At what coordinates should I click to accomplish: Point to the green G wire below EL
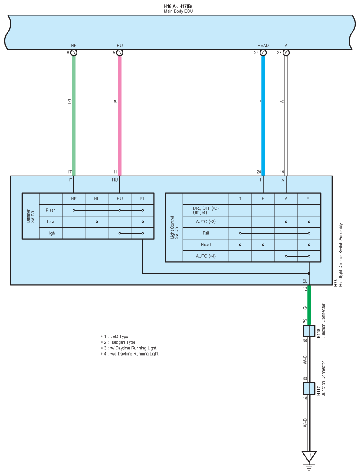pos(309,305)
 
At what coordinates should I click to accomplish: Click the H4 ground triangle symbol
pos(309,456)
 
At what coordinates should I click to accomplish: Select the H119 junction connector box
pos(309,331)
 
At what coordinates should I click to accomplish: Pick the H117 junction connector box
pos(309,388)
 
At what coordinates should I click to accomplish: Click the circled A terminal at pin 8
pos(74,53)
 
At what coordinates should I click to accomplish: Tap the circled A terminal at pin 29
pos(263,53)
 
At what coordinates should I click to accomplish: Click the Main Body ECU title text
pos(178,11)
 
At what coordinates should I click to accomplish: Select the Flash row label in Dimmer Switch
pos(51,210)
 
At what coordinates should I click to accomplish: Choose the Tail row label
pos(206,233)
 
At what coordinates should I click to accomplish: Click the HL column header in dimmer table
pos(96,199)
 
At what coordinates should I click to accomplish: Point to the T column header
pos(240,199)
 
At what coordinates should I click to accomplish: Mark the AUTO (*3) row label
pos(206,222)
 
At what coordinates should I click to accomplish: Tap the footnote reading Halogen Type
pos(119,342)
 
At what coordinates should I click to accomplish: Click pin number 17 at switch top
pos(69,172)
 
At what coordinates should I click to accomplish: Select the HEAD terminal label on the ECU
pos(263,46)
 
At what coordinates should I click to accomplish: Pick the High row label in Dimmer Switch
pos(51,233)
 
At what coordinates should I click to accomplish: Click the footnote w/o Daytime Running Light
pos(131,354)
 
